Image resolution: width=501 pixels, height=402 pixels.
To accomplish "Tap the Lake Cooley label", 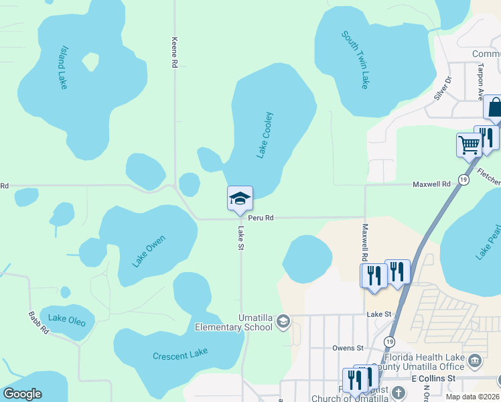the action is tap(265, 135).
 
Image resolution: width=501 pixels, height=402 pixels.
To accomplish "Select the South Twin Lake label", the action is tap(355, 59).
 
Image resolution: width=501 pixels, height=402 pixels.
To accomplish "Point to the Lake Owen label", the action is tap(148, 251).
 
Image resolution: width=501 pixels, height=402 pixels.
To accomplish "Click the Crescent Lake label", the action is tap(180, 354).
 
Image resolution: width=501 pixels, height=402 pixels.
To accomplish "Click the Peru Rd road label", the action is tap(261, 218).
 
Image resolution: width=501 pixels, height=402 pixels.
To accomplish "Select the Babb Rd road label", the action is tap(38, 322).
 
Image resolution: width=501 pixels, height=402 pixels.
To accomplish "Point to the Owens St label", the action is tap(348, 348).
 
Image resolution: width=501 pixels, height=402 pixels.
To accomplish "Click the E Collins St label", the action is tap(433, 378).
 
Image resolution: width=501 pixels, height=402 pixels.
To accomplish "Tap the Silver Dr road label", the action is tap(443, 88).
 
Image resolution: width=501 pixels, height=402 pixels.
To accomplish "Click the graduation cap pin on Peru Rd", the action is tap(240, 198).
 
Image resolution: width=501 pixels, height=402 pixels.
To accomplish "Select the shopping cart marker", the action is tap(469, 144).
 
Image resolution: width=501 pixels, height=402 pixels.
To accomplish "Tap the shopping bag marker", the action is tap(494, 107).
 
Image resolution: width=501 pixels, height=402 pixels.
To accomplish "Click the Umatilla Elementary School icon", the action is tap(283, 322).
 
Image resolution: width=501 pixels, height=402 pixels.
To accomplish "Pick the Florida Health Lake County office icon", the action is tap(475, 361).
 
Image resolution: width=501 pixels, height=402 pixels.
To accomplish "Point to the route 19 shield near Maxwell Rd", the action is tap(463, 180).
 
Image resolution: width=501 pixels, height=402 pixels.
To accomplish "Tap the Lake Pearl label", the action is tap(487, 245).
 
